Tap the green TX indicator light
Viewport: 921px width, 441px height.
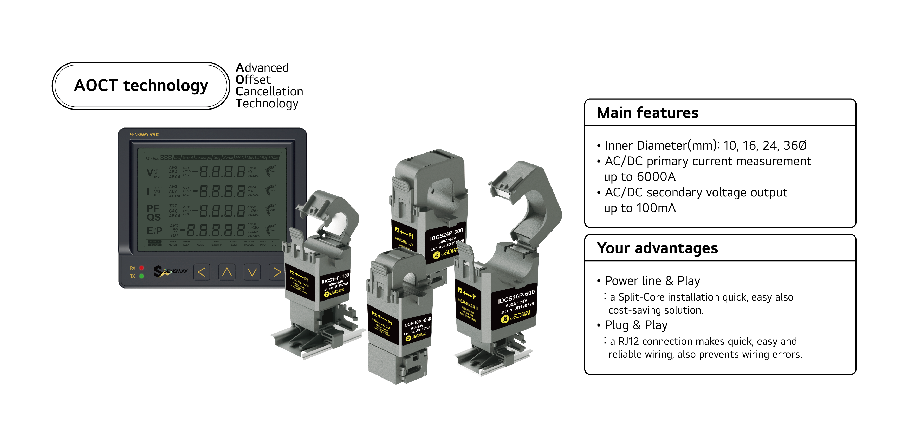coord(141,276)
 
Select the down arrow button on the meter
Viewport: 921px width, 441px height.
coord(252,273)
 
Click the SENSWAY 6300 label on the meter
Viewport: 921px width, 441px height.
coord(145,135)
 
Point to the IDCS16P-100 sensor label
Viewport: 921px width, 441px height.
coord(335,278)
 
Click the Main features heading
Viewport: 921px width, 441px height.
coord(647,113)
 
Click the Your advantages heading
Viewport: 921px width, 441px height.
coord(657,248)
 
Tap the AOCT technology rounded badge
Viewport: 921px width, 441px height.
coord(141,86)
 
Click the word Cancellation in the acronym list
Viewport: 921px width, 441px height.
coord(269,92)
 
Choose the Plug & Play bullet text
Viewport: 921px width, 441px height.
coord(636,325)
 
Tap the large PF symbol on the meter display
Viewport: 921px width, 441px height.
coord(153,208)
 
